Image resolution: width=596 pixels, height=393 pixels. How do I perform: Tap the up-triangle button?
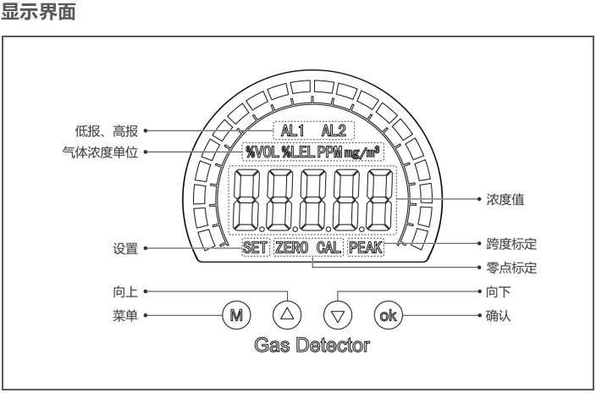pos(286,314)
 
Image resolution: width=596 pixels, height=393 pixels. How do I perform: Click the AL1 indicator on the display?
pos(293,131)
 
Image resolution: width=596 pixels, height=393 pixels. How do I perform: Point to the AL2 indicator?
pos(334,131)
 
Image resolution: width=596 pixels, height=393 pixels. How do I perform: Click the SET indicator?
pos(254,249)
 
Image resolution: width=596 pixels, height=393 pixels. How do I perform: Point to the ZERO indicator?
pos(292,249)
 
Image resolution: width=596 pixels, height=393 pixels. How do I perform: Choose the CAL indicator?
pos(329,249)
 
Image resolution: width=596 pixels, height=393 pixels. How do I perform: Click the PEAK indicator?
pos(366,249)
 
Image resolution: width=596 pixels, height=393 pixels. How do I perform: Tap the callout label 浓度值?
pos(505,200)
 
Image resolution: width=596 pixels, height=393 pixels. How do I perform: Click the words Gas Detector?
pos(312,346)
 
